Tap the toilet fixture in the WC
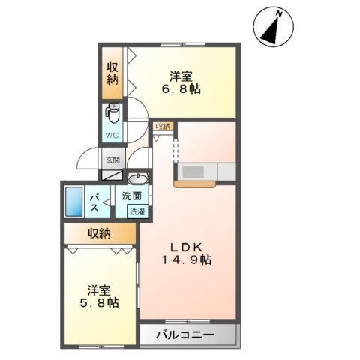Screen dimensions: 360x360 tap(112, 113)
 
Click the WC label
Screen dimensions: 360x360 tap(111, 136)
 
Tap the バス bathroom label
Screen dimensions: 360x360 tap(96, 202)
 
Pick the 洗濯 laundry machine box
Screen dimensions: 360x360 tap(139, 212)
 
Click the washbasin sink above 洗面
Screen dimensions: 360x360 tap(137, 178)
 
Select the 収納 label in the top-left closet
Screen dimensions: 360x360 tap(112, 72)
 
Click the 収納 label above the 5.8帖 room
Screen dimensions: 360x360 tap(100, 232)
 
